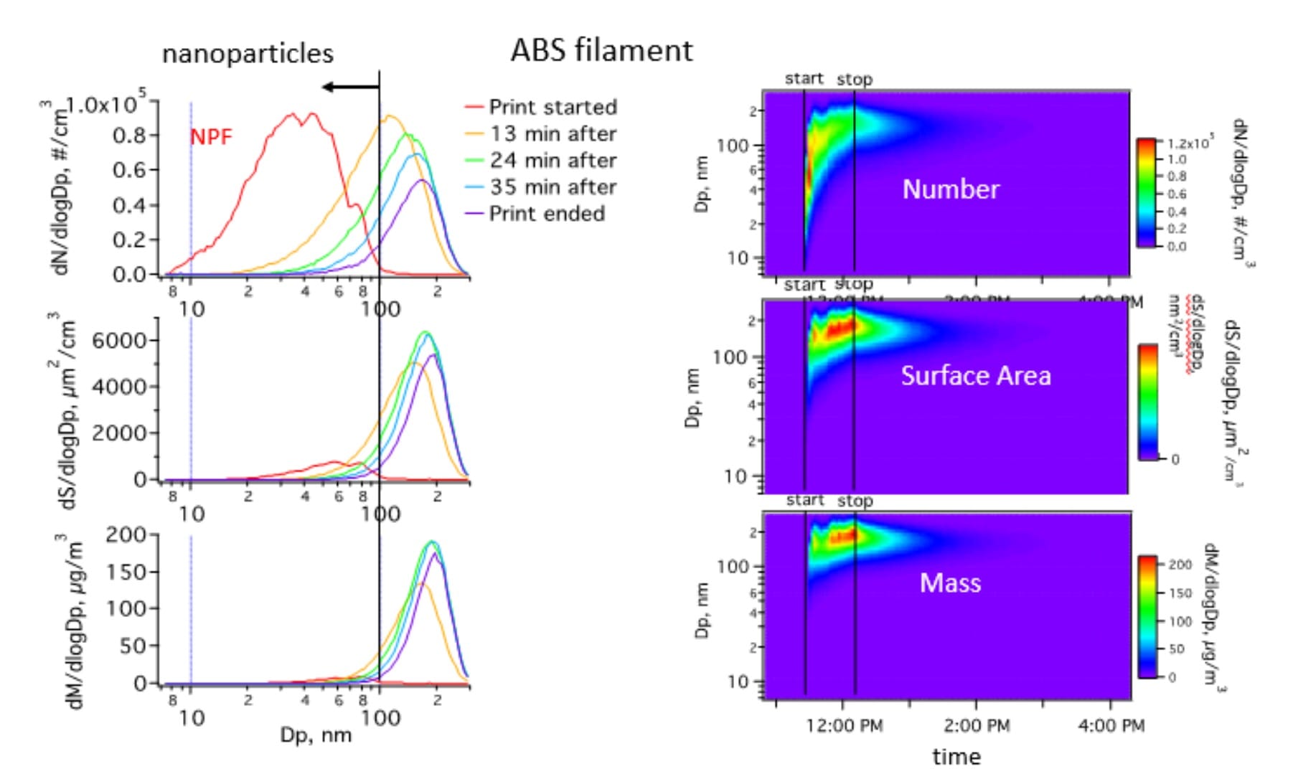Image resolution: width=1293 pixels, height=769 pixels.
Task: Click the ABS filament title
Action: [601, 51]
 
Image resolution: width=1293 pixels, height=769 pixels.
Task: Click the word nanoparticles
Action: [248, 54]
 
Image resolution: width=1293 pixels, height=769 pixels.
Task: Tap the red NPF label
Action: [211, 136]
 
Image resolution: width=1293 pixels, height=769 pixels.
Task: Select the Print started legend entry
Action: [553, 107]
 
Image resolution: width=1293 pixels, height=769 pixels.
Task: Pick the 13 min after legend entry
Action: [553, 133]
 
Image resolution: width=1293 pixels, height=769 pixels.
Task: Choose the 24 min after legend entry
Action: [553, 160]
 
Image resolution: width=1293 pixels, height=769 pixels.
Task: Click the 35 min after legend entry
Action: [553, 187]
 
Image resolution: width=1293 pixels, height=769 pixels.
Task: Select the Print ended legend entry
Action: [547, 213]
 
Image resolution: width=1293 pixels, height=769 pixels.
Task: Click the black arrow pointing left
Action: [349, 87]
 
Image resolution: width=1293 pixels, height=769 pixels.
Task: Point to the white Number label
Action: [951, 189]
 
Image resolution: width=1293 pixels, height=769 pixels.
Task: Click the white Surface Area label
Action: [976, 376]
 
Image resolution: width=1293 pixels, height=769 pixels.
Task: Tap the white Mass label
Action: [950, 582]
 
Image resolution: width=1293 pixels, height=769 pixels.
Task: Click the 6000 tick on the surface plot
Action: [119, 340]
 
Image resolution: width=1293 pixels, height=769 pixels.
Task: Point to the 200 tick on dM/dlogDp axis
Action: [126, 534]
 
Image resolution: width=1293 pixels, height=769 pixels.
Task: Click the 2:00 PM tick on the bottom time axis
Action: [977, 726]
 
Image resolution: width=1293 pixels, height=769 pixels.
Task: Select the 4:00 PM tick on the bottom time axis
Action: [1111, 726]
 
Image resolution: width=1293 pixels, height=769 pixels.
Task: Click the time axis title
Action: [956, 756]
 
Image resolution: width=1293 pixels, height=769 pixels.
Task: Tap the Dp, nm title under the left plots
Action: [316, 735]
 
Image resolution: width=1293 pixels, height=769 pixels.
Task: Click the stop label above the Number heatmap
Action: [855, 79]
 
